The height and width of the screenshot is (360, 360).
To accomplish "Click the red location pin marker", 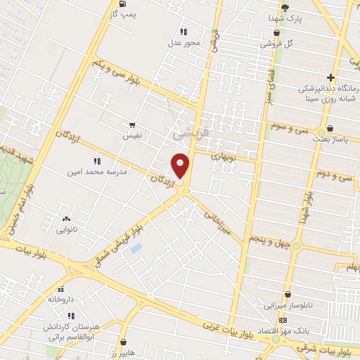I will tap(181, 166).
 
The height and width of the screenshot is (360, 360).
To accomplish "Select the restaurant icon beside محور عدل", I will tap(184, 32).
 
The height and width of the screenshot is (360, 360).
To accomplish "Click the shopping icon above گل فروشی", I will tap(276, 32).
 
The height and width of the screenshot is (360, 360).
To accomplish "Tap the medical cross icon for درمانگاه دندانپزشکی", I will tap(330, 77).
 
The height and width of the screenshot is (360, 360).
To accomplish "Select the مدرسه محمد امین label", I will tap(91, 172).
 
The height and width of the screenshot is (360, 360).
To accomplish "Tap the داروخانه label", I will tap(61, 299).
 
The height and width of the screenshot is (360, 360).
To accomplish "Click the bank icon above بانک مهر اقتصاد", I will tap(283, 320).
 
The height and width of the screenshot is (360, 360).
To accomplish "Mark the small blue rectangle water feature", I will tap(136, 248).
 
